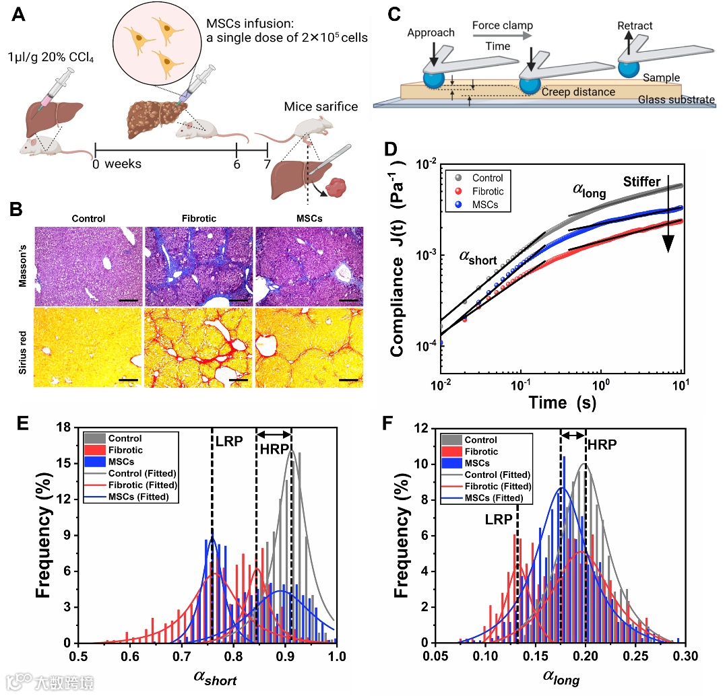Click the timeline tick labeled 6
coord(237,164)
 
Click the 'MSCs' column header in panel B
coord(309,218)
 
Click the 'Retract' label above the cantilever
coord(635,26)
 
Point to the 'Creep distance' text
coord(578,92)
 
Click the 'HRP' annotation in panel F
coord(601,445)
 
